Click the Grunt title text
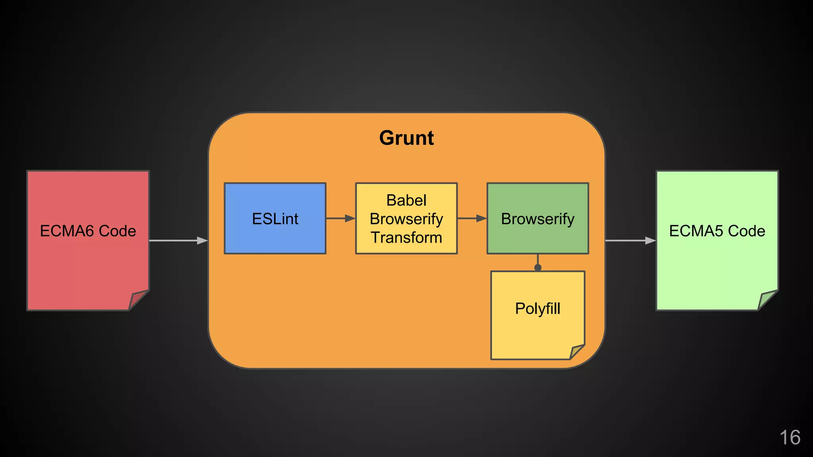[x=406, y=138]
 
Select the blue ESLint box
[x=275, y=219]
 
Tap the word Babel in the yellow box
[x=406, y=200]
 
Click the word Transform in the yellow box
[x=406, y=238]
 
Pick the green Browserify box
[x=538, y=219]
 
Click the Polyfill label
[x=538, y=309]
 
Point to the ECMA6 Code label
[x=88, y=231]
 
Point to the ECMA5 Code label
[x=717, y=231]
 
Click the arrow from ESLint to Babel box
[x=340, y=218]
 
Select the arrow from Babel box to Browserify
[x=472, y=218]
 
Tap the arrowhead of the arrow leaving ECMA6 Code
[x=202, y=240]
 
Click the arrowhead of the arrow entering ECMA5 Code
[x=650, y=240]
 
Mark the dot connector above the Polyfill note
[x=538, y=267]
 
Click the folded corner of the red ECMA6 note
[x=137, y=300]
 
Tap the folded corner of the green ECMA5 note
[x=766, y=300]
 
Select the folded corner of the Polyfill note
[x=576, y=352]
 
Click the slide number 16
[x=790, y=438]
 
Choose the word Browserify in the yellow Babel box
[x=406, y=219]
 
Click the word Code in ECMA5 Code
[x=746, y=231]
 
